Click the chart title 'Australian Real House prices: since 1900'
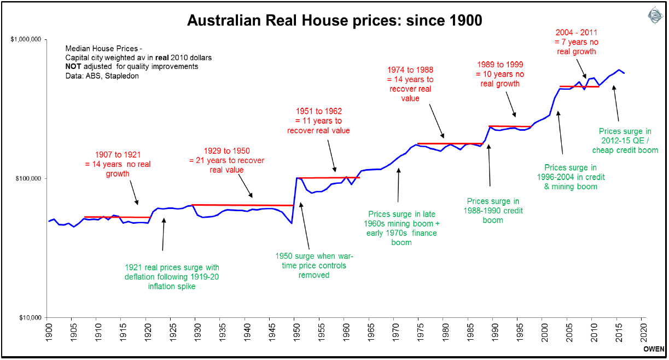pos(334,21)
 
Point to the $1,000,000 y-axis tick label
pos(27,40)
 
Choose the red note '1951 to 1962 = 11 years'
pos(318,121)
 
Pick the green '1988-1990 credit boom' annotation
pos(493,211)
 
